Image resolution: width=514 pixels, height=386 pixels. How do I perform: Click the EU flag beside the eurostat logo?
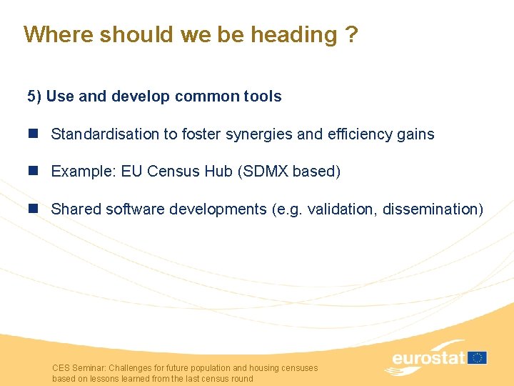pos(478,357)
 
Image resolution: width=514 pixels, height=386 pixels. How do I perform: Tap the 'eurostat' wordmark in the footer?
pos(428,357)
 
